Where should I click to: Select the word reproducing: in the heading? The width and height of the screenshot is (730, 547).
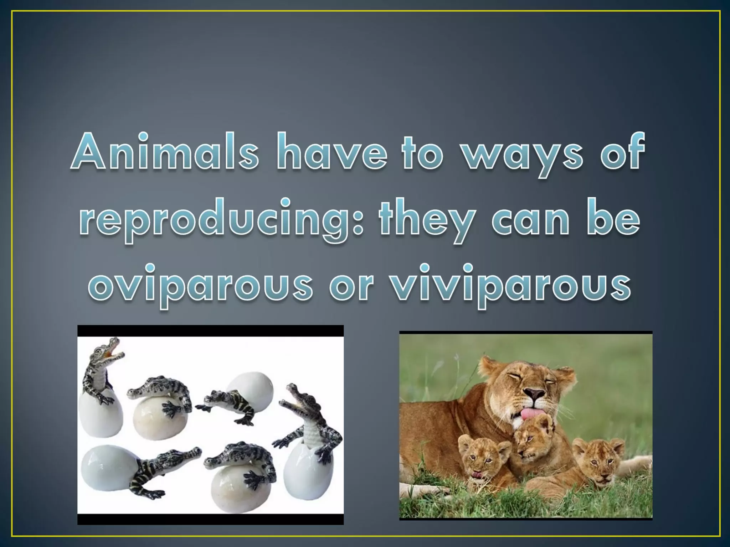(x=221, y=219)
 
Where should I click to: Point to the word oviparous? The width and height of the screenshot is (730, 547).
(x=200, y=285)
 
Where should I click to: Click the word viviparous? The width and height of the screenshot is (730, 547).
(x=510, y=285)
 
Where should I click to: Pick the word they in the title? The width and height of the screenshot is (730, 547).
(x=428, y=219)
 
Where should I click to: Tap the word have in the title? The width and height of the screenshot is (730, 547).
(x=331, y=151)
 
